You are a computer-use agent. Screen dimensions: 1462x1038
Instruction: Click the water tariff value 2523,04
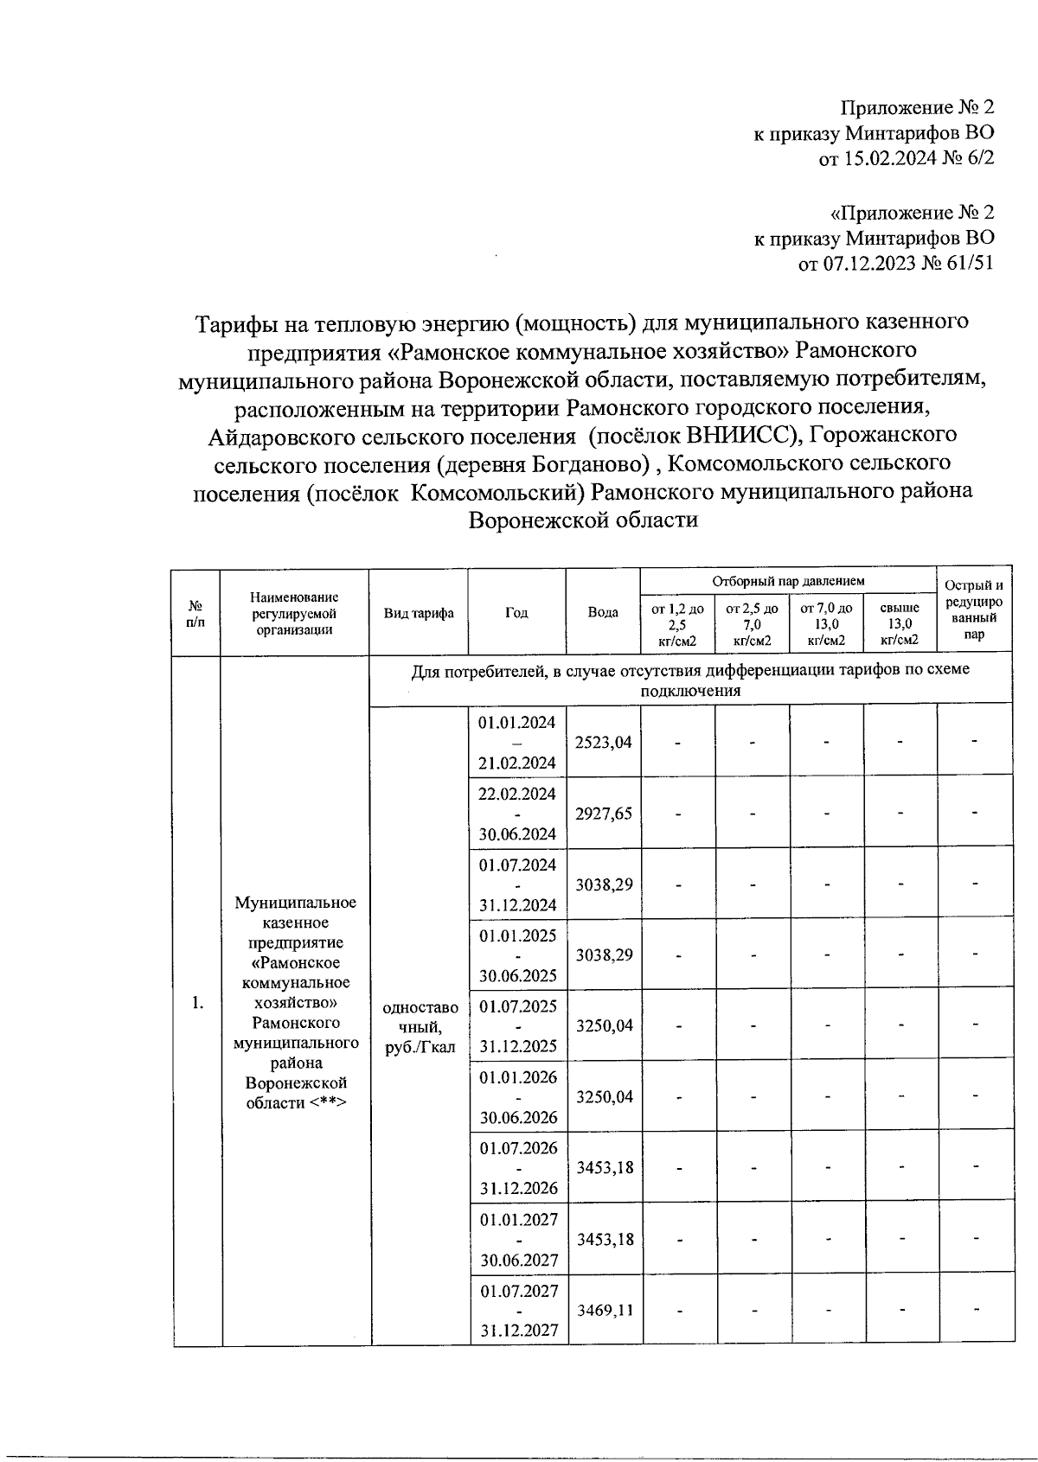[604, 742]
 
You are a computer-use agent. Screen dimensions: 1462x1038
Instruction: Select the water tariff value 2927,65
[604, 814]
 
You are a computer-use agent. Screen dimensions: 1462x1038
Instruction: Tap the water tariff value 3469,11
[604, 1310]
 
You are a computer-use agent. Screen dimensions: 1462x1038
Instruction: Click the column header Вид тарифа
[419, 613]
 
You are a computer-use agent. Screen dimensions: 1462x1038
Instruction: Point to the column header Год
[516, 613]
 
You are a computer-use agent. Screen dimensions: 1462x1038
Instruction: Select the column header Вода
[603, 613]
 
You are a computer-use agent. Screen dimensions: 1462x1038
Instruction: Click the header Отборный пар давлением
[788, 582]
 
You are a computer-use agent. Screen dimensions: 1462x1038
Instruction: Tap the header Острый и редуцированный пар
[974, 610]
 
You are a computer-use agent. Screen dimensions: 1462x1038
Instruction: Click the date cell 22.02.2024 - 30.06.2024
[517, 814]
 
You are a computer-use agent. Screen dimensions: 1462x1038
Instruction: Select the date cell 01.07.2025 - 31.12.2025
[517, 1026]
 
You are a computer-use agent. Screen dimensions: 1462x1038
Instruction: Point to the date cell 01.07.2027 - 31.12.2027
[517, 1310]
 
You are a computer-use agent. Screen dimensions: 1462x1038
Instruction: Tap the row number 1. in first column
[198, 1003]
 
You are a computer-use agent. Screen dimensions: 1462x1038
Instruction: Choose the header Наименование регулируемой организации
[294, 613]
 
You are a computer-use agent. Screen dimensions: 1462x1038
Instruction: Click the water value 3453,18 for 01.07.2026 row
[604, 1168]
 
